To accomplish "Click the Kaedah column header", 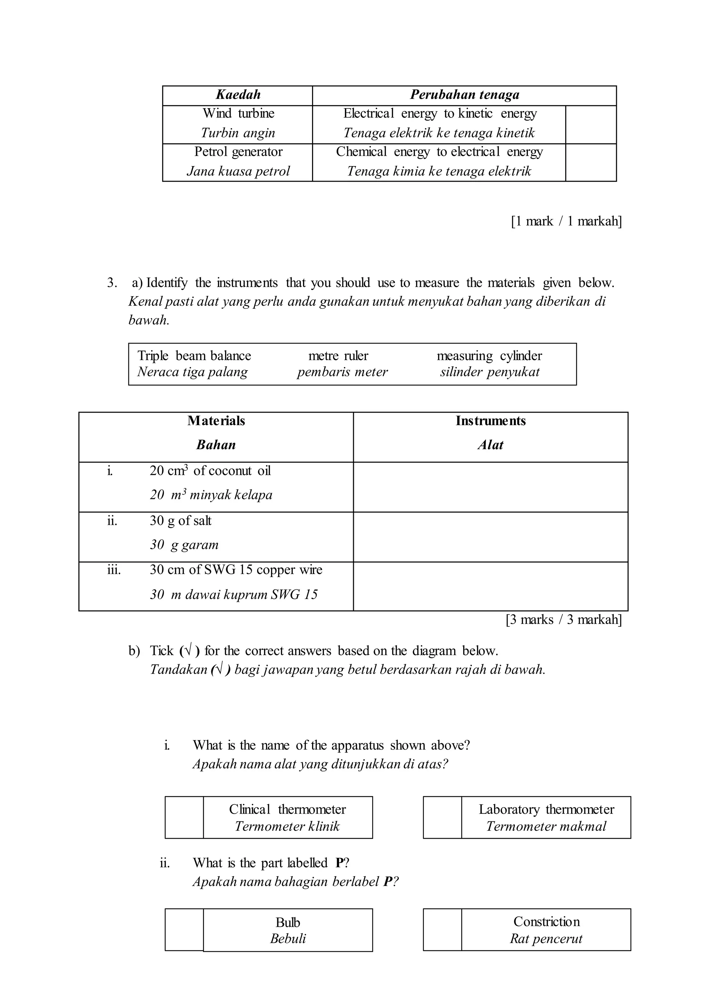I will coord(238,95).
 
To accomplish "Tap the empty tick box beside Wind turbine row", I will coord(591,125).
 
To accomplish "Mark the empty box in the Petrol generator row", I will coord(591,162).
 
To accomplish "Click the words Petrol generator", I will coord(238,152).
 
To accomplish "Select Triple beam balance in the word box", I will coord(194,356).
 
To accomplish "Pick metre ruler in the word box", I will coord(338,356).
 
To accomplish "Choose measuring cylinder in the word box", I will coord(489,356).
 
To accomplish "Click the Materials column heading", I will coord(216,421).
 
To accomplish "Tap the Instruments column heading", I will coord(491,421).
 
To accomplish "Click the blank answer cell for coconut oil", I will coord(491,487).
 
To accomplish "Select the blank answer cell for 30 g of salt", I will coord(491,537).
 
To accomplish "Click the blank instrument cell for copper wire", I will coord(491,586).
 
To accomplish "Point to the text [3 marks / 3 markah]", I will coord(564,620).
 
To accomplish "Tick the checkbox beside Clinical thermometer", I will coord(184,818).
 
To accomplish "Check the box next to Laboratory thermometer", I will coord(442,818).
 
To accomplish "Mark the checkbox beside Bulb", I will coord(184,930).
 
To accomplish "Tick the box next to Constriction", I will coord(442,930).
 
